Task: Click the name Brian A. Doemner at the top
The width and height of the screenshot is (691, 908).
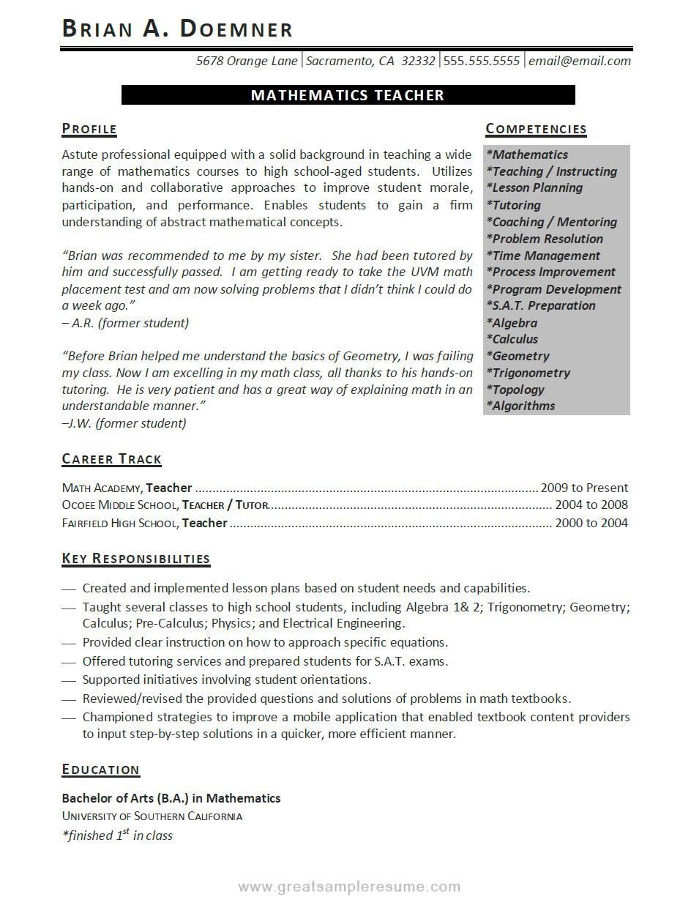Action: [177, 29]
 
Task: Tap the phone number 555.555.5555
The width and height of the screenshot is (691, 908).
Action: [481, 61]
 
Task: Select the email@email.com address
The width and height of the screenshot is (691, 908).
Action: [579, 61]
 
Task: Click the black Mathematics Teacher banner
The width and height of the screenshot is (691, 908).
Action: [348, 95]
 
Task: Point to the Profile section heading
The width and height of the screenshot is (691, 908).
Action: [89, 130]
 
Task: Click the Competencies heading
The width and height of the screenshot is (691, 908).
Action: [536, 130]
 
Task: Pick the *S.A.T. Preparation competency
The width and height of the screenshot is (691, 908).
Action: [541, 305]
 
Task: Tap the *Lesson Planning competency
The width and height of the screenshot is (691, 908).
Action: [534, 187]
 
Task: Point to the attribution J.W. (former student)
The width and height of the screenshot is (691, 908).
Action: [124, 423]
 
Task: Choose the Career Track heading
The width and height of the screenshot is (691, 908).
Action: [111, 459]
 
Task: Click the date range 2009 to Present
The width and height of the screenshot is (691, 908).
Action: [584, 488]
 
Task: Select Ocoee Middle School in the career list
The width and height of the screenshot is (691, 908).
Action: [119, 505]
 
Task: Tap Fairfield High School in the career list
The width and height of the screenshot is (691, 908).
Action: [120, 523]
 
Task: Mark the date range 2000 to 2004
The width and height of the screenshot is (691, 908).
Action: [591, 523]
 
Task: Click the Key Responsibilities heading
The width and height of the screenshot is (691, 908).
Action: [135, 559]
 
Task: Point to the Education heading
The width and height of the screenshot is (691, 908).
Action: [100, 770]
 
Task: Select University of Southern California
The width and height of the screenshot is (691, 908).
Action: [152, 816]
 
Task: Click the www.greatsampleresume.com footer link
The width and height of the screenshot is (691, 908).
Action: [349, 887]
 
